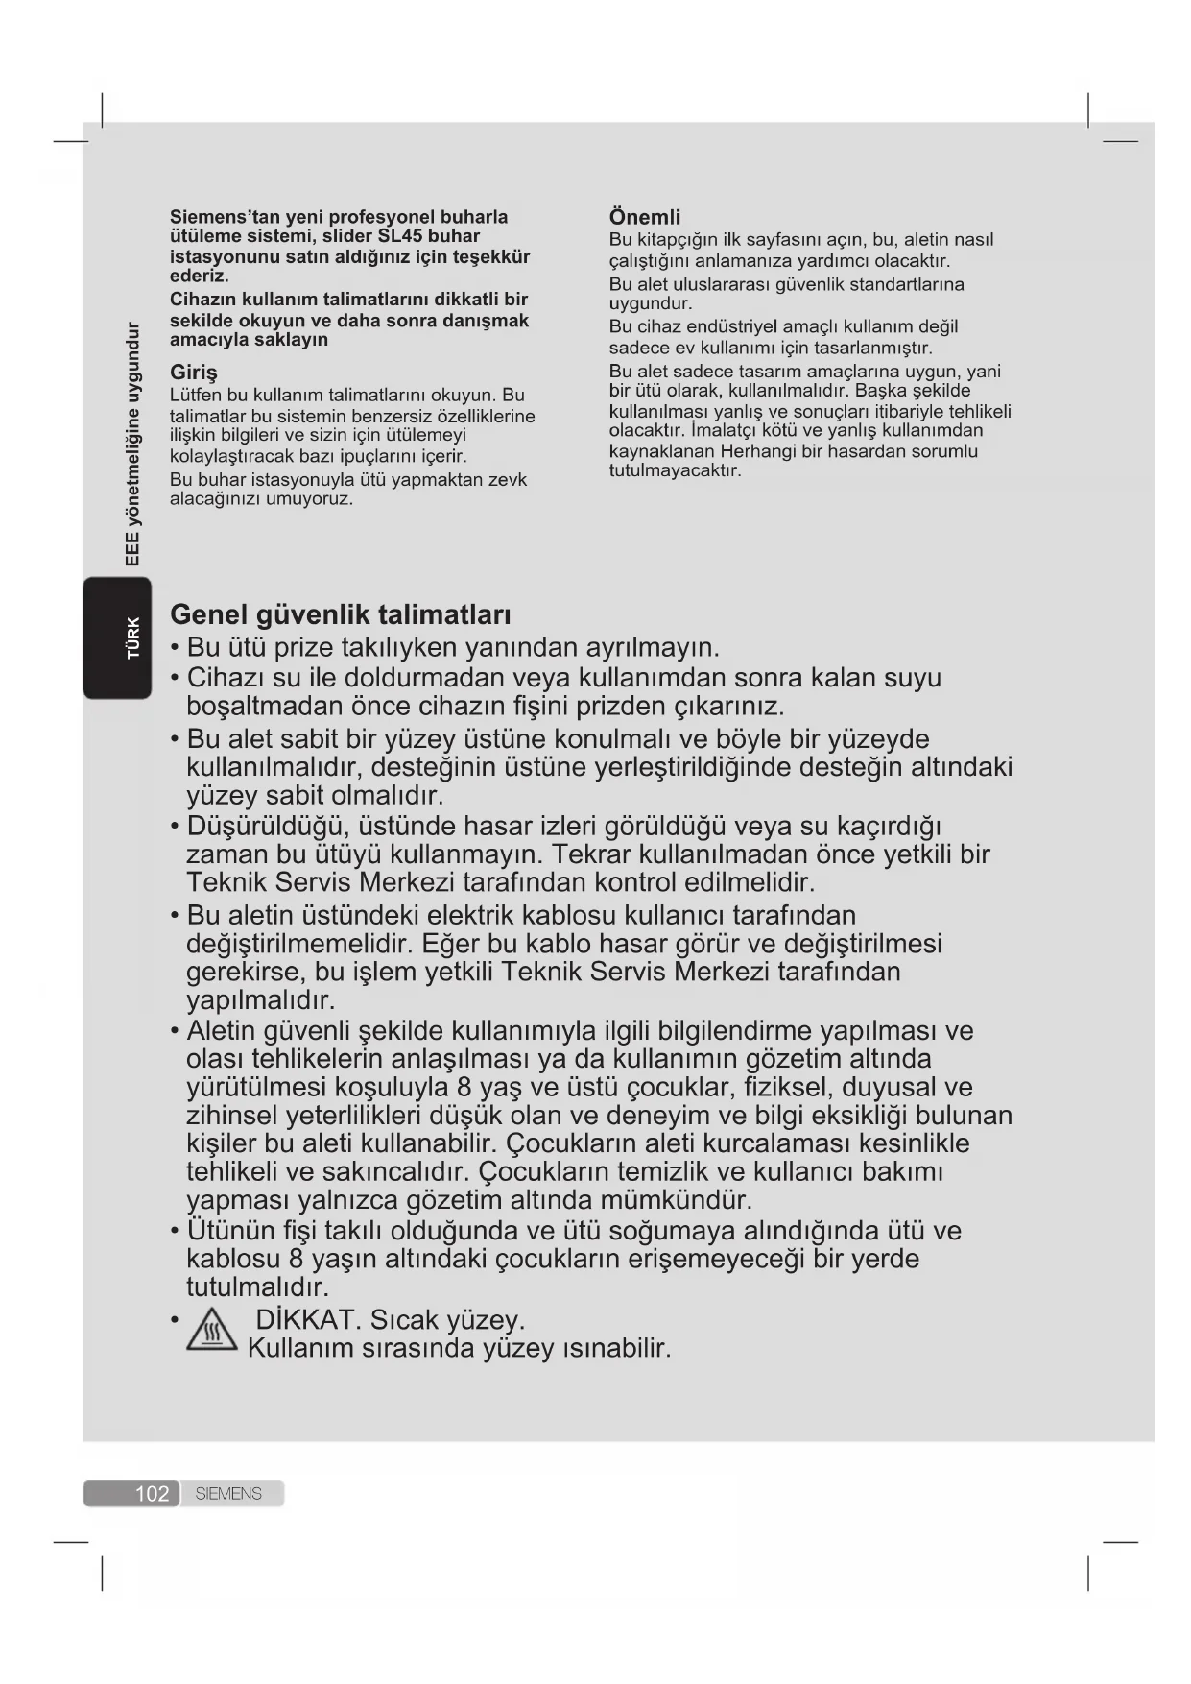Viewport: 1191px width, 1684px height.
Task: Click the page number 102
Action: (152, 1493)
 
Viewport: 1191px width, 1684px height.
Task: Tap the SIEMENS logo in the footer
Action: (228, 1493)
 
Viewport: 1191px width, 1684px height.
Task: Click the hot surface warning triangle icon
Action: (211, 1332)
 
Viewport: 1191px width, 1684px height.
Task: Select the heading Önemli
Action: (645, 217)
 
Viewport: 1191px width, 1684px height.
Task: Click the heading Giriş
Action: (194, 372)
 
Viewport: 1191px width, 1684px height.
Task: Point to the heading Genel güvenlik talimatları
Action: (340, 614)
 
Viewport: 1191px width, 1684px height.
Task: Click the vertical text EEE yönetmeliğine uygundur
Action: (133, 444)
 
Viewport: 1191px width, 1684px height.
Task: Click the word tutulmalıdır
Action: (257, 1287)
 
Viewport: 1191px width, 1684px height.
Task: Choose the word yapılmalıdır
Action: (261, 1000)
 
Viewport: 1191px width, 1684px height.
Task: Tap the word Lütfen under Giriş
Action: (196, 395)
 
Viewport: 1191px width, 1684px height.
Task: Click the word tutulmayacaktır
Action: (676, 470)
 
